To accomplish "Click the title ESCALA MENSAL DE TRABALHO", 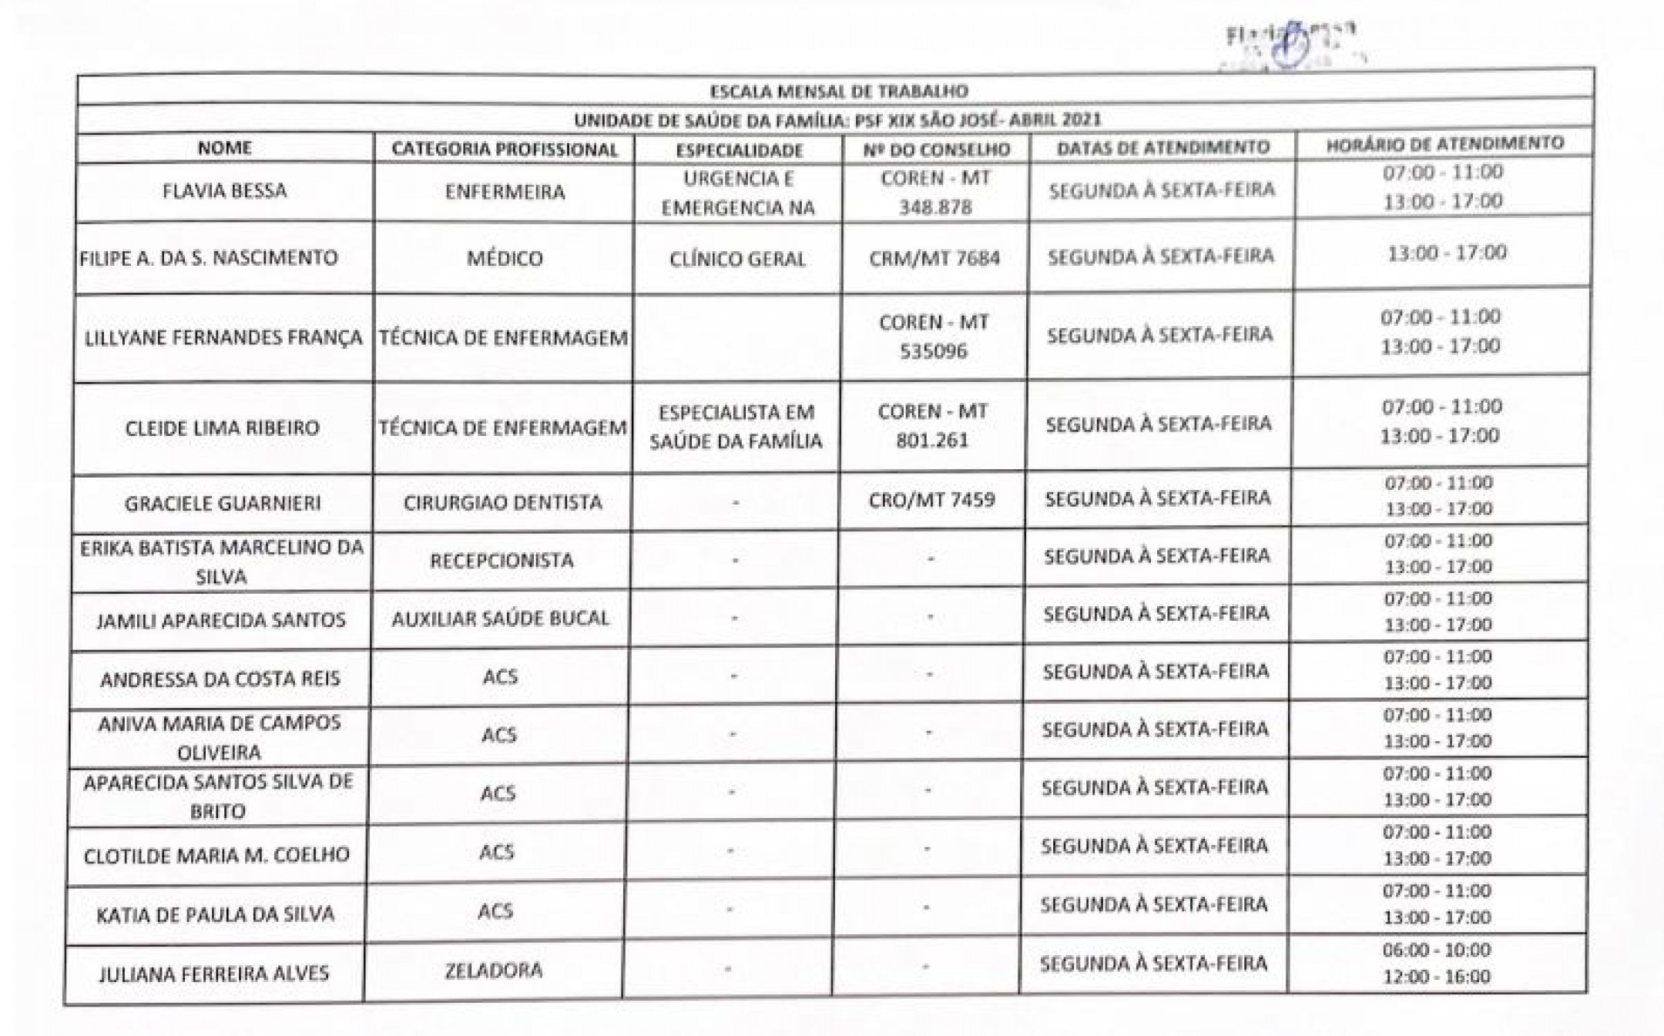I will (x=838, y=92).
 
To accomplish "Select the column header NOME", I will (x=224, y=148).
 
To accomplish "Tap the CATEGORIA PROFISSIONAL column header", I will (x=505, y=149).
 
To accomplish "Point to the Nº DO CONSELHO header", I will (x=935, y=149).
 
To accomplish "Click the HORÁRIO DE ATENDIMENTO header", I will (x=1444, y=144).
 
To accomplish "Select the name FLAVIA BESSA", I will (x=224, y=191).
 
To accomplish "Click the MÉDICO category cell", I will (x=505, y=258).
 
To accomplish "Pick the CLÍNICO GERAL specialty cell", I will (x=737, y=259).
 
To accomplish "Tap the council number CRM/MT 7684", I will (x=934, y=258).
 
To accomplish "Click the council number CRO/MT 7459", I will (x=932, y=500).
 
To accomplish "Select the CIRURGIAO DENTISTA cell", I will (x=502, y=503).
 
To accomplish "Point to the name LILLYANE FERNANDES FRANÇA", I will (x=223, y=338).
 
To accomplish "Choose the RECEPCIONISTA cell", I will (x=502, y=561).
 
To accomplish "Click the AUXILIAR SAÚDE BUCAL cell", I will (x=500, y=619).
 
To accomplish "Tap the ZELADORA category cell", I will (x=493, y=971).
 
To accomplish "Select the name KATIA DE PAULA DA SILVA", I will (x=216, y=915).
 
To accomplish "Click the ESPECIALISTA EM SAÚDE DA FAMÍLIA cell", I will (x=736, y=427).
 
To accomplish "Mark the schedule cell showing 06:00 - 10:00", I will (x=1436, y=951).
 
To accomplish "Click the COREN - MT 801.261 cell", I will (x=932, y=426).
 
